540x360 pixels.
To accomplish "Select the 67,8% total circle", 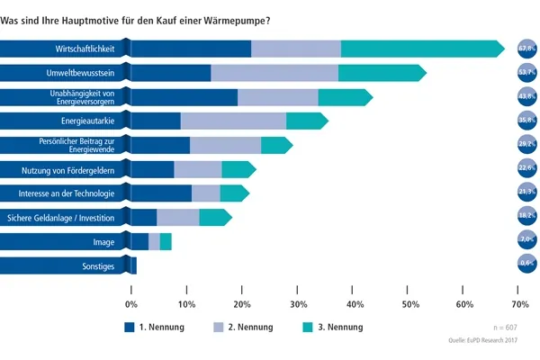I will point(528,48).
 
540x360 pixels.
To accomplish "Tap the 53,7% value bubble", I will point(528,72).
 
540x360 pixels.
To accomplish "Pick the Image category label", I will point(103,241).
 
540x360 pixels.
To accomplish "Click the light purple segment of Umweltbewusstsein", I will point(274,73).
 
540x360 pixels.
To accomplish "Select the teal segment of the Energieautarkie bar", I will point(307,121).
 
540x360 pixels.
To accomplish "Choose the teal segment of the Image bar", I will point(166,241).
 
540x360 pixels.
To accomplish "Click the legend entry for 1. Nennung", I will point(155,327).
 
